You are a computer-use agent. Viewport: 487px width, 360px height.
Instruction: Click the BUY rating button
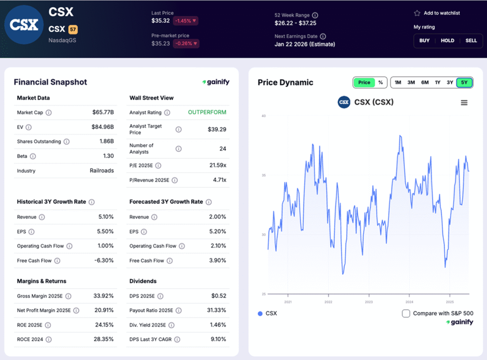[424, 40]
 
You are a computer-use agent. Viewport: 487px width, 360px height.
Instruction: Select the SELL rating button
[471, 40]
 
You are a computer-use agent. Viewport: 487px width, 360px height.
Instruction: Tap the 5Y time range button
[464, 82]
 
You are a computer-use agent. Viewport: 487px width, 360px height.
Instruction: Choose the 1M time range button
[398, 82]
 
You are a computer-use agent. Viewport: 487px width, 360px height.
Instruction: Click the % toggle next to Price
[380, 82]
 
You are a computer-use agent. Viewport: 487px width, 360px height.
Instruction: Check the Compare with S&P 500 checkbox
[406, 313]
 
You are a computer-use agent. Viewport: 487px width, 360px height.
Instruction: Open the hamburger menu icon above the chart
[464, 103]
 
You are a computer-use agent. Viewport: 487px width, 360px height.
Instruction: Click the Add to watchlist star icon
[417, 13]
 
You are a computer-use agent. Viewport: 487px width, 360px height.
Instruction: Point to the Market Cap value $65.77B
[103, 113]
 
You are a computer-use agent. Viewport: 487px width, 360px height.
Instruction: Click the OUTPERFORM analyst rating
[207, 113]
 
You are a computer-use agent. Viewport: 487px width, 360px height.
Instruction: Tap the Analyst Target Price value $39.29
[217, 129]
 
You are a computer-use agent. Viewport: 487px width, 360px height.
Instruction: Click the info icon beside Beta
[33, 156]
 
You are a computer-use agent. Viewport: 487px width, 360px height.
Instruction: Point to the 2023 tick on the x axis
[369, 302]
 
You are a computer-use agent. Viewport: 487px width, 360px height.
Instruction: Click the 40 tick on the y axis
[263, 116]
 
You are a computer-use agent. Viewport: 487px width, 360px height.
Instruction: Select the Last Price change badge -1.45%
[185, 21]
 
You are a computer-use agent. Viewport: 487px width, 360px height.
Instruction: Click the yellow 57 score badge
[73, 29]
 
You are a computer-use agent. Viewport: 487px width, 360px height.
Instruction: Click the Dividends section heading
[143, 281]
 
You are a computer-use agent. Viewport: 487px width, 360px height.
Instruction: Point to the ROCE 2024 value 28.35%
[104, 340]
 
